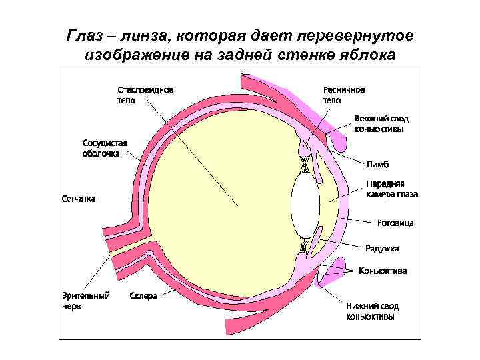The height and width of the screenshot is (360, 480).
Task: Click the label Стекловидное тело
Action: coord(145,95)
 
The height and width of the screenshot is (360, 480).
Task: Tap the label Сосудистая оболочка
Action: coord(105,147)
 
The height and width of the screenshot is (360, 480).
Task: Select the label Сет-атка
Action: coord(78,198)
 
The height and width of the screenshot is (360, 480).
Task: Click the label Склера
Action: coord(143,295)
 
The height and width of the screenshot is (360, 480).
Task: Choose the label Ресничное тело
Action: coord(344,95)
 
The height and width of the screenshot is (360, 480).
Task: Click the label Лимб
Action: coord(377,163)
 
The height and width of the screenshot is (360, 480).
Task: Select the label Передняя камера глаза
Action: coord(392,189)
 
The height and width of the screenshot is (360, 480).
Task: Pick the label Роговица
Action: coord(395,223)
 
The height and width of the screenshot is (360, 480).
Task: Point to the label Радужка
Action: coord(382,249)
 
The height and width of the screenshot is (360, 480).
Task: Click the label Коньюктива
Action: coord(383,271)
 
